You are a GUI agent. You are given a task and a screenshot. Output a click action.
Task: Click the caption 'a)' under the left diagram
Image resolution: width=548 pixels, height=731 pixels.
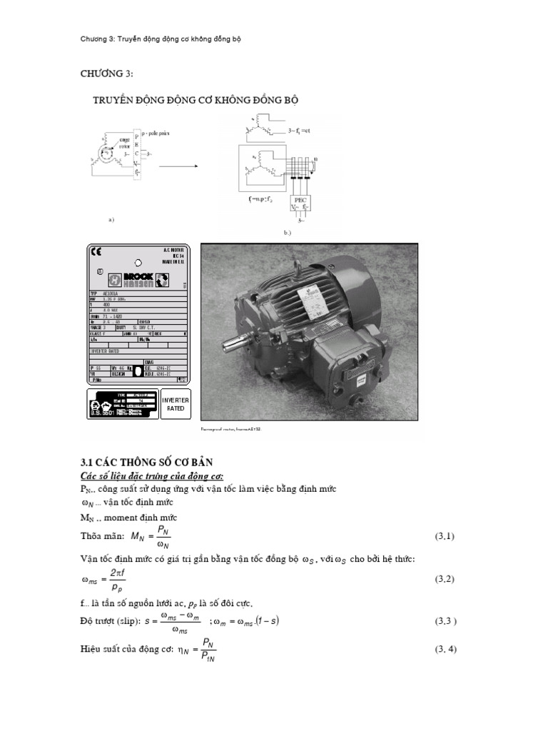[x=111, y=219]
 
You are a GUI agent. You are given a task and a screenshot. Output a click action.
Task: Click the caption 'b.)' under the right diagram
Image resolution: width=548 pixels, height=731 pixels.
[x=288, y=233]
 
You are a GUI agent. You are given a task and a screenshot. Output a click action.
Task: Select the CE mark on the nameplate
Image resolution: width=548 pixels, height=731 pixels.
[x=97, y=251]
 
